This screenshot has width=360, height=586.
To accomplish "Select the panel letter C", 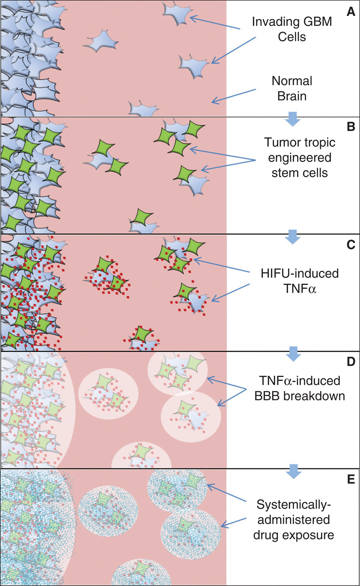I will click(x=351, y=245).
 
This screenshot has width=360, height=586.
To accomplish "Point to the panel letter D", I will click(x=351, y=362).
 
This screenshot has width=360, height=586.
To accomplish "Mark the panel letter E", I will click(x=351, y=479).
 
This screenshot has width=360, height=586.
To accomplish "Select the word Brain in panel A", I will click(x=292, y=96).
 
